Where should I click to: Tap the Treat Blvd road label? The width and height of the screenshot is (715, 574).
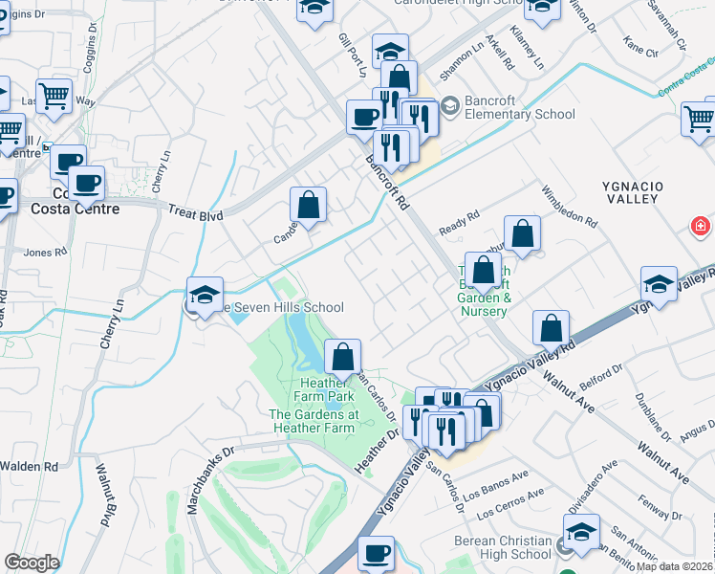tap(195, 214)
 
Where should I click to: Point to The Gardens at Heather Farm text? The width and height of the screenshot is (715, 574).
tap(313, 422)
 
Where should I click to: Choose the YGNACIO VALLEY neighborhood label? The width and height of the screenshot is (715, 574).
tap(631, 189)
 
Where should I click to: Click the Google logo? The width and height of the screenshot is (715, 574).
tap(32, 563)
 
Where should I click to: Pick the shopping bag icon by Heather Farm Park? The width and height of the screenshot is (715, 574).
tap(343, 358)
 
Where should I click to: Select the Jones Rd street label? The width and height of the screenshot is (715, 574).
tap(46, 253)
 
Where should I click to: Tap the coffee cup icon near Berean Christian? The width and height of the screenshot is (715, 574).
tap(376, 553)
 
